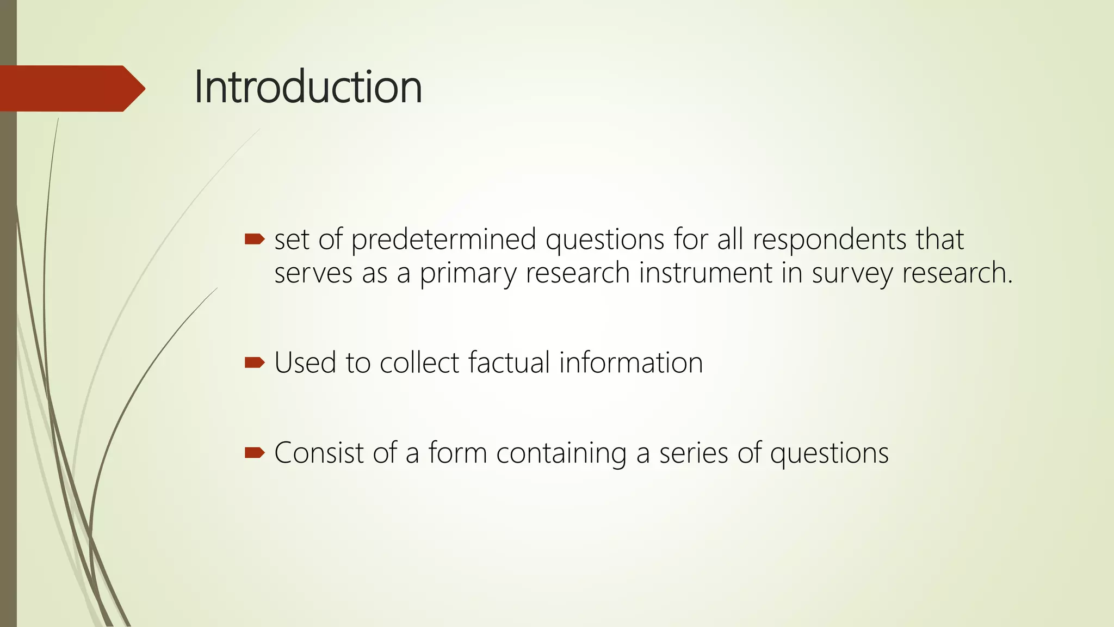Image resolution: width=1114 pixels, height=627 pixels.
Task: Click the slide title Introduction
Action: [x=308, y=87]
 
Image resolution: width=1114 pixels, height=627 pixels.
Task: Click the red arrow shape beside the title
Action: [x=71, y=88]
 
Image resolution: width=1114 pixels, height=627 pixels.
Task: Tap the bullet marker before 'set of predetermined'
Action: [x=254, y=239]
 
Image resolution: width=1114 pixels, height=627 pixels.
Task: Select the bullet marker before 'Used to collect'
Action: [x=254, y=362]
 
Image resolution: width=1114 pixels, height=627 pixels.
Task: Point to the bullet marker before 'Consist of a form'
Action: [x=254, y=452]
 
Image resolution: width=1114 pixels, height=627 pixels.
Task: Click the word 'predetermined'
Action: [x=444, y=240]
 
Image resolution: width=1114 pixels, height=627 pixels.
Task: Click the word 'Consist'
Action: [x=319, y=452]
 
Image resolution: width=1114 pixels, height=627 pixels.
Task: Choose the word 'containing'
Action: [x=561, y=453]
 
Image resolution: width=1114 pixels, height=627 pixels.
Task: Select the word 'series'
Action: [x=694, y=452]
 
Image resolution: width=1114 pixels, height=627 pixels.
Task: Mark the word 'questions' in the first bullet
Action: [x=605, y=240]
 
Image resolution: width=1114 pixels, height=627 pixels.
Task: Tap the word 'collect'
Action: [x=419, y=362]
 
